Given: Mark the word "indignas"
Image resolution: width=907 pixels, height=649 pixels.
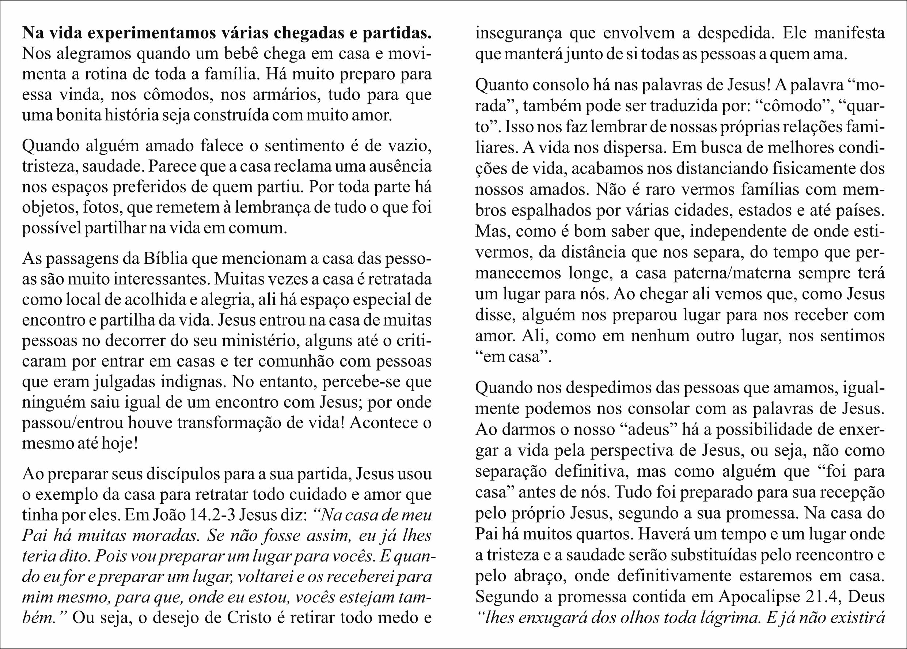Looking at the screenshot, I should coord(190,382).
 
